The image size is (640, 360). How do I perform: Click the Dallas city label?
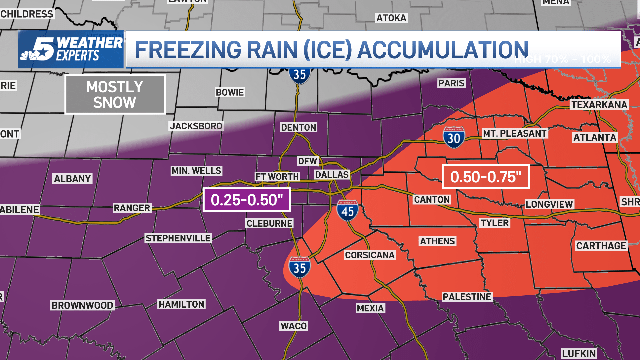[332, 174]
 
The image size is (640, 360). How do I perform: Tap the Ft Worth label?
[277, 176]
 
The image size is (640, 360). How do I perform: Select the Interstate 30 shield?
[454, 137]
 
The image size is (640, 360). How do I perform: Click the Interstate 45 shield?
[347, 211]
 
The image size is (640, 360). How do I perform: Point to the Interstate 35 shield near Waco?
[299, 267]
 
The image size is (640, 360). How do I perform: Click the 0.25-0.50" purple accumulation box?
[247, 200]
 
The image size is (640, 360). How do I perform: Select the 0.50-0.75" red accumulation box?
[486, 177]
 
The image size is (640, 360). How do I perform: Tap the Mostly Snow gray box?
[115, 95]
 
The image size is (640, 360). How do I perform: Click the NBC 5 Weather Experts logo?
[72, 49]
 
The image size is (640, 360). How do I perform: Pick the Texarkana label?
[599, 105]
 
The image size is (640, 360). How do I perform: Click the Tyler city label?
[495, 223]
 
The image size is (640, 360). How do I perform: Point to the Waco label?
[293, 326]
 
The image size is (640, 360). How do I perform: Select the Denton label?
[298, 127]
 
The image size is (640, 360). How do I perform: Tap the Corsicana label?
[370, 255]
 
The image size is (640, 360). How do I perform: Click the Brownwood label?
[82, 305]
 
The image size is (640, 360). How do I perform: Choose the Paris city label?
[451, 83]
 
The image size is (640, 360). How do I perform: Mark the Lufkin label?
[579, 353]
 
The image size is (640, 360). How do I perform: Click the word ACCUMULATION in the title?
[443, 50]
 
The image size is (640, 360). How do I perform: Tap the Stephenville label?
[178, 238]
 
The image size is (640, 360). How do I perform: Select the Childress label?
[27, 14]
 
